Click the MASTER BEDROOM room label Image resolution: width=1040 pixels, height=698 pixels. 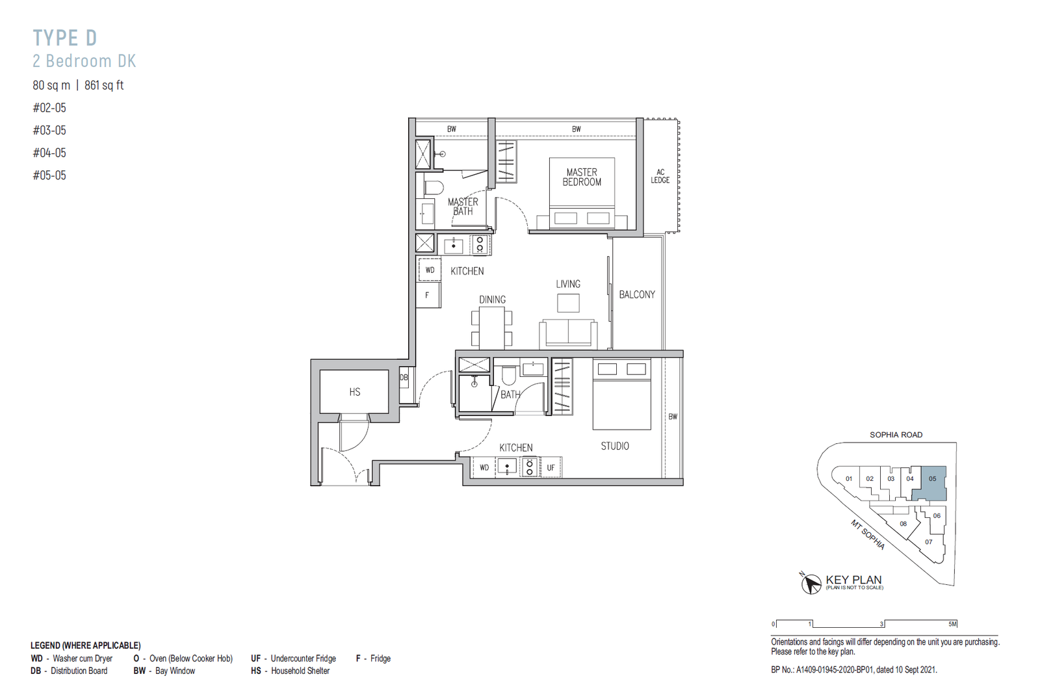(x=582, y=177)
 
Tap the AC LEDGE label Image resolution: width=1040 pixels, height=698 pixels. (x=660, y=176)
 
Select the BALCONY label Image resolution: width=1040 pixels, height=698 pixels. (x=637, y=294)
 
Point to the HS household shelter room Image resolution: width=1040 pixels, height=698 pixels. (x=355, y=392)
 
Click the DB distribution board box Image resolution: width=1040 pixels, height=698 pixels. (x=404, y=378)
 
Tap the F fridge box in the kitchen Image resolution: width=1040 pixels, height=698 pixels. (x=428, y=295)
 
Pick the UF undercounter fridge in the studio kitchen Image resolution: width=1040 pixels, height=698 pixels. (x=551, y=467)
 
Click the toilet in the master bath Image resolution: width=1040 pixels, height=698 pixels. (x=434, y=188)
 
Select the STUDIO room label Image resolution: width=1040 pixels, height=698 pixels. (x=615, y=446)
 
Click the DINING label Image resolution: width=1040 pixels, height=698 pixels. (x=493, y=300)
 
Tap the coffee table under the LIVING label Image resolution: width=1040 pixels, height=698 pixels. (x=568, y=304)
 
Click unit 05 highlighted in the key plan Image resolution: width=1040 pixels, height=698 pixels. (x=930, y=483)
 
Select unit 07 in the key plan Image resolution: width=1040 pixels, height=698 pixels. (x=929, y=542)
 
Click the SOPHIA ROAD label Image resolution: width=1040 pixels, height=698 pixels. (x=896, y=435)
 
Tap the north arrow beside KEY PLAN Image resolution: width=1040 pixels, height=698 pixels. (x=811, y=584)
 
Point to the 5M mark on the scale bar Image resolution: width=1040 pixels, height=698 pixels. (x=953, y=624)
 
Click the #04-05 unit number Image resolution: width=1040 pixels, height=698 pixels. (x=49, y=153)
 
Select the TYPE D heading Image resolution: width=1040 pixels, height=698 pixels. (x=65, y=38)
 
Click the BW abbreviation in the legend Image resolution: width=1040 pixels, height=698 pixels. (x=139, y=671)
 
